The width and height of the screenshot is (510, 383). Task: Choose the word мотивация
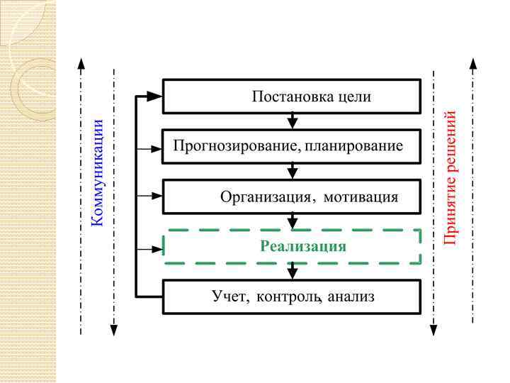coord(361,196)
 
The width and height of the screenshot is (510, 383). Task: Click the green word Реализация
coord(303,247)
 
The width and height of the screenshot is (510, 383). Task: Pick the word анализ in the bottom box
coord(351,296)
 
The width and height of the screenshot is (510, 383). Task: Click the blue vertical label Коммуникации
coord(98,173)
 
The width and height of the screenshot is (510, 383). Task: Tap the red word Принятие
coord(450,210)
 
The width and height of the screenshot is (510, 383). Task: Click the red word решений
coord(450,142)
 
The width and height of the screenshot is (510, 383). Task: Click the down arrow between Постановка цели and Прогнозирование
coord(293,122)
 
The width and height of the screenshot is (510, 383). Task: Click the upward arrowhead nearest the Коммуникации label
coord(82,65)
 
